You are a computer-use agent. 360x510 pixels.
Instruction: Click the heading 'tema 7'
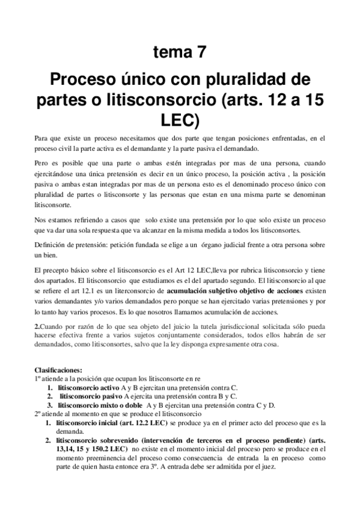tap(180, 52)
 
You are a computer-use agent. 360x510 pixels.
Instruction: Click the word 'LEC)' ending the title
tap(180, 118)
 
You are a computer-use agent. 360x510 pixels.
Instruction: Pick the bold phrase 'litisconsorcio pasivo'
tap(90, 397)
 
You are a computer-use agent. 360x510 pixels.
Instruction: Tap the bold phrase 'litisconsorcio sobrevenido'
tap(100, 440)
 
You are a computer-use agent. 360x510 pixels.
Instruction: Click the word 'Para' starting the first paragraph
tap(41, 139)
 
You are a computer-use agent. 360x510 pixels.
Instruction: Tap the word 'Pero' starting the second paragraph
tap(41, 162)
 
